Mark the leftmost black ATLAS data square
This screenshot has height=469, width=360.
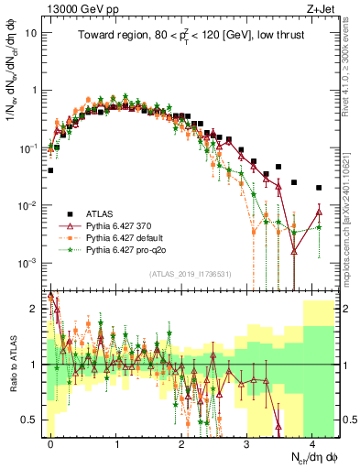click(x=50, y=169)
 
